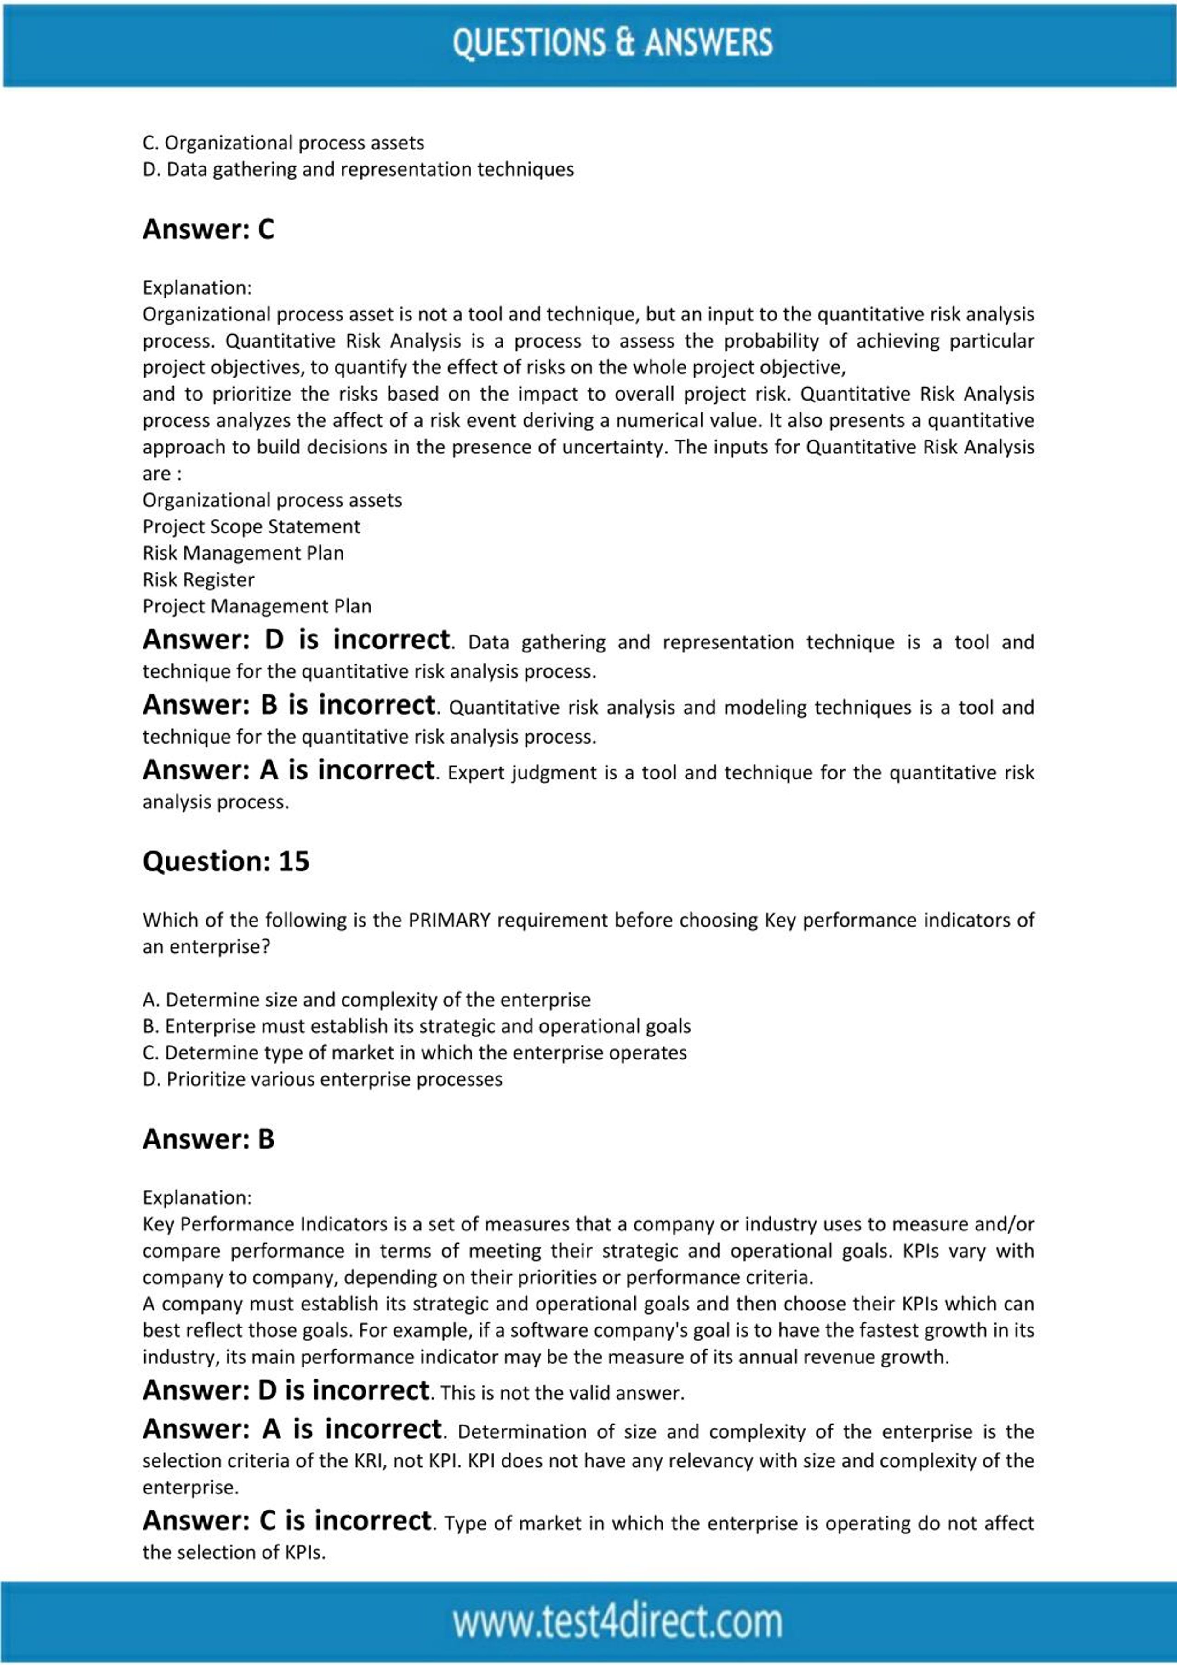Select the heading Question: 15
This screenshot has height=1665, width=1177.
(x=226, y=862)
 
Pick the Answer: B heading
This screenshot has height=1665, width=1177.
(x=208, y=1139)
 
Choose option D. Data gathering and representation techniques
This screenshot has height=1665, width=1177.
(x=358, y=170)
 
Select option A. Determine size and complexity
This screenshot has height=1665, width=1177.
(x=366, y=1000)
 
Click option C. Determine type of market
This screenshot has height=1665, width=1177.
(x=414, y=1053)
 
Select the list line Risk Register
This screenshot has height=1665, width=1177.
(x=198, y=580)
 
